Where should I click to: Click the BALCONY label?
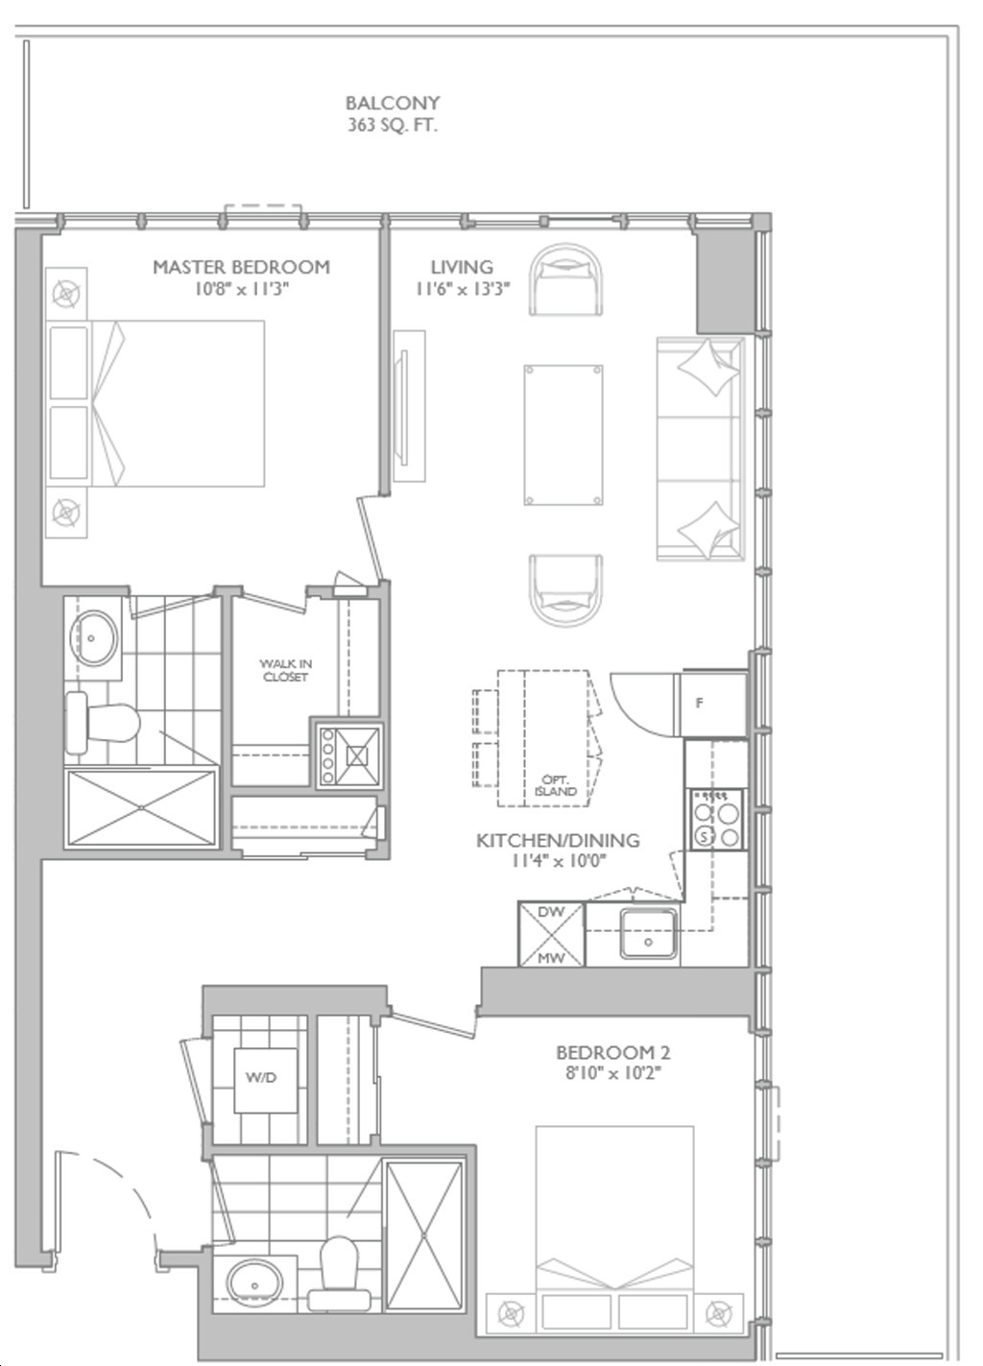(x=392, y=103)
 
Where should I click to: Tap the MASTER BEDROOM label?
(x=242, y=267)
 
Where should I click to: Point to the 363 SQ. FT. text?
(x=392, y=126)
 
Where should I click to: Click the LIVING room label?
(x=462, y=267)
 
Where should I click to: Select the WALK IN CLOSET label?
(x=285, y=670)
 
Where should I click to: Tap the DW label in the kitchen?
(x=551, y=912)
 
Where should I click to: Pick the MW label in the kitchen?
(x=551, y=958)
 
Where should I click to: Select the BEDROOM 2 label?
(x=612, y=1052)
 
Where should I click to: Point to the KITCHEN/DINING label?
(x=558, y=840)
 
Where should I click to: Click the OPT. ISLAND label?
(x=556, y=785)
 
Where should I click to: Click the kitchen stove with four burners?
(x=716, y=819)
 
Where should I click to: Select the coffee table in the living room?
(x=563, y=436)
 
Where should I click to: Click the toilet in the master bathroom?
(x=102, y=724)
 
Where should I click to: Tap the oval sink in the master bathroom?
(x=92, y=637)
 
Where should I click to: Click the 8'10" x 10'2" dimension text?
(x=612, y=1073)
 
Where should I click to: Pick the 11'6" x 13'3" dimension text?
(x=463, y=288)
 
